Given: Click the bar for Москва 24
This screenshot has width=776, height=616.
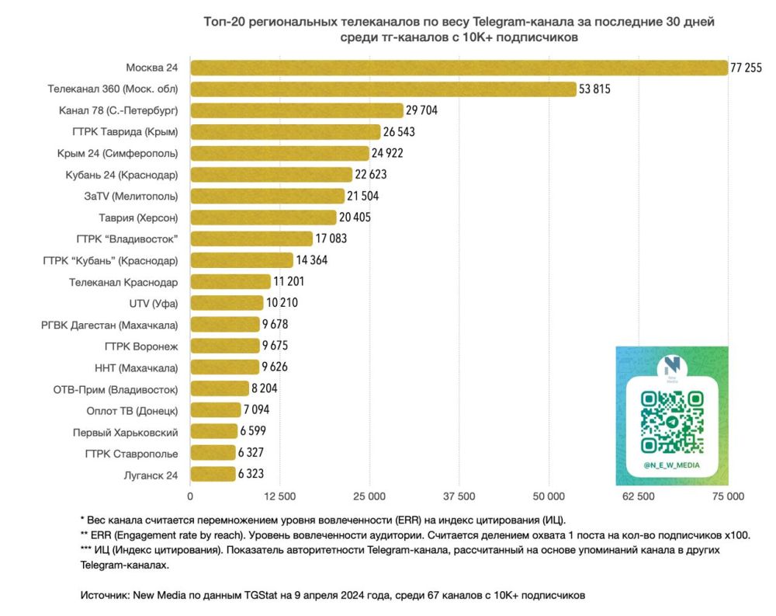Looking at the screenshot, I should pos(459,68).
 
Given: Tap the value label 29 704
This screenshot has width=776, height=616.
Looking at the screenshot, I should pos(422,110).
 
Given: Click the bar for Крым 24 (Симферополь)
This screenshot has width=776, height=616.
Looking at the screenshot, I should pos(279,153).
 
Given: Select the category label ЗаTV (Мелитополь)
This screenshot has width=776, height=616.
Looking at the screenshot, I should pos(131,196).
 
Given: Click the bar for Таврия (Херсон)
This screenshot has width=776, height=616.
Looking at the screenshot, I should pos(263,217).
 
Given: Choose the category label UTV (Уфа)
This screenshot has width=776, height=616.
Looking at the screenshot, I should pos(153,303).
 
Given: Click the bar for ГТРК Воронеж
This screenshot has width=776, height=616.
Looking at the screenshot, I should pos(224,346).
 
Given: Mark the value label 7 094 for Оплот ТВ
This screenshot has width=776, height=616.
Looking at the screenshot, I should pos(255,410).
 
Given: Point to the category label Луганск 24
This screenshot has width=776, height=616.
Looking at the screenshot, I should pos(151,475).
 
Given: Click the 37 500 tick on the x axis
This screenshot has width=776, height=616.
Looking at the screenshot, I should pos(459,496).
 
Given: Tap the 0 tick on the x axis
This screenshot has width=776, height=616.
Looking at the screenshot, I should pos(190,496).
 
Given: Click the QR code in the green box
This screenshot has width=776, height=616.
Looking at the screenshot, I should pos(671,421).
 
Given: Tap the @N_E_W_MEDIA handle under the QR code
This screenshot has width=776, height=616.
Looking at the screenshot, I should pos(671,465).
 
